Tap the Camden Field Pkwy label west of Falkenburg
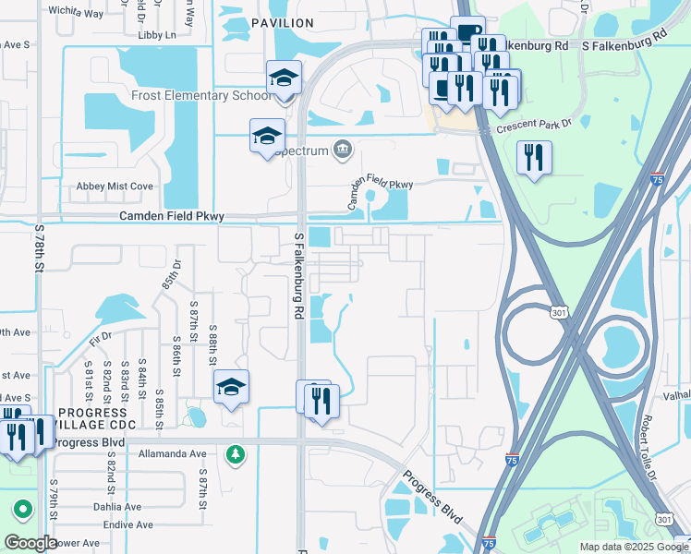pyautogui.click(x=171, y=216)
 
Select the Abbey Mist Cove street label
pyautogui.click(x=115, y=187)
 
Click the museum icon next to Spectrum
pyautogui.click(x=344, y=149)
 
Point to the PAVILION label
pyautogui.click(x=282, y=22)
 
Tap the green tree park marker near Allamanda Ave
pyautogui.click(x=236, y=453)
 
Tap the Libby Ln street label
pyautogui.click(x=156, y=35)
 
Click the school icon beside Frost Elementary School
pyautogui.click(x=284, y=78)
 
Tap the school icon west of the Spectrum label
pyautogui.click(x=267, y=136)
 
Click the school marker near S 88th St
pyautogui.click(x=232, y=387)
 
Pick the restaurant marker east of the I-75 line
pyautogui.click(x=534, y=158)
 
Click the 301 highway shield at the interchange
pyautogui.click(x=559, y=315)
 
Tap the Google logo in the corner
pyautogui.click(x=30, y=543)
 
